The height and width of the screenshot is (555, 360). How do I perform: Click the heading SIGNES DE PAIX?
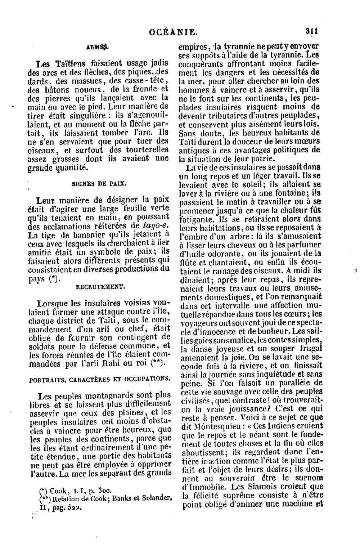click(x=99, y=183)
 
